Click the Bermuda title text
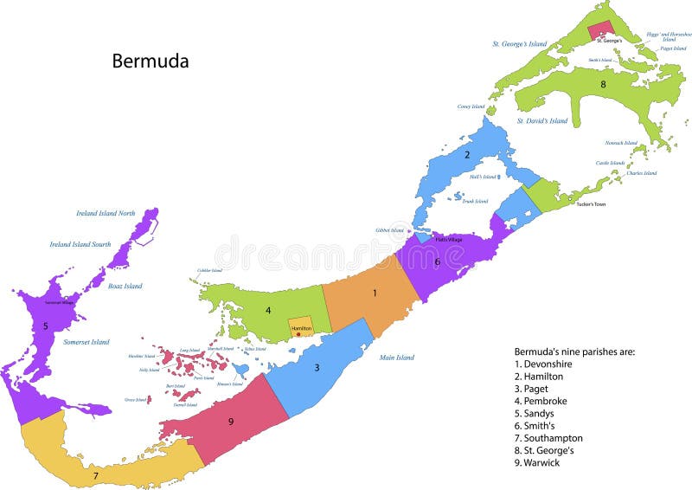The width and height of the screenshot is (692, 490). (x=150, y=61)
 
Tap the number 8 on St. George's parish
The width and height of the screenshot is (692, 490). (x=603, y=84)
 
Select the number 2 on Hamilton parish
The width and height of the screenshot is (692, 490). (x=467, y=155)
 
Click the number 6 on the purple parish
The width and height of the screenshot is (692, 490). (x=438, y=261)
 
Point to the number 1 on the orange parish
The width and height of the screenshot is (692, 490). (x=375, y=293)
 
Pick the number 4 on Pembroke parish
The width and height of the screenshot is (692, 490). (x=268, y=310)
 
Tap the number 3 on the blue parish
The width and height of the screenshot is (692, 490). (x=317, y=367)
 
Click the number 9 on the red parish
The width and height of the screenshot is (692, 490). (x=231, y=422)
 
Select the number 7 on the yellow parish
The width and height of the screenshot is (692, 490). (x=96, y=475)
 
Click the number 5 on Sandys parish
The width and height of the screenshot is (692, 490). (x=45, y=326)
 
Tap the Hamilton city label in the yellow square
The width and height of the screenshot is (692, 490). (x=300, y=329)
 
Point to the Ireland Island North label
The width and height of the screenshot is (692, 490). (x=106, y=214)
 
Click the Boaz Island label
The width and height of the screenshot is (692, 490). (x=125, y=286)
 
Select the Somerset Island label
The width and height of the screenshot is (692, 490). (x=86, y=342)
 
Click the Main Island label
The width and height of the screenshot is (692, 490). (x=395, y=357)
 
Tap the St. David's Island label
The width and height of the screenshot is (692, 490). (x=542, y=121)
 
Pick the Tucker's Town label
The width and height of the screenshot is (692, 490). (x=590, y=204)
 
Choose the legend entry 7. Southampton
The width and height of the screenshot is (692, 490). (x=548, y=438)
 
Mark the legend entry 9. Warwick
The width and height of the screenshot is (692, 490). (x=537, y=462)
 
